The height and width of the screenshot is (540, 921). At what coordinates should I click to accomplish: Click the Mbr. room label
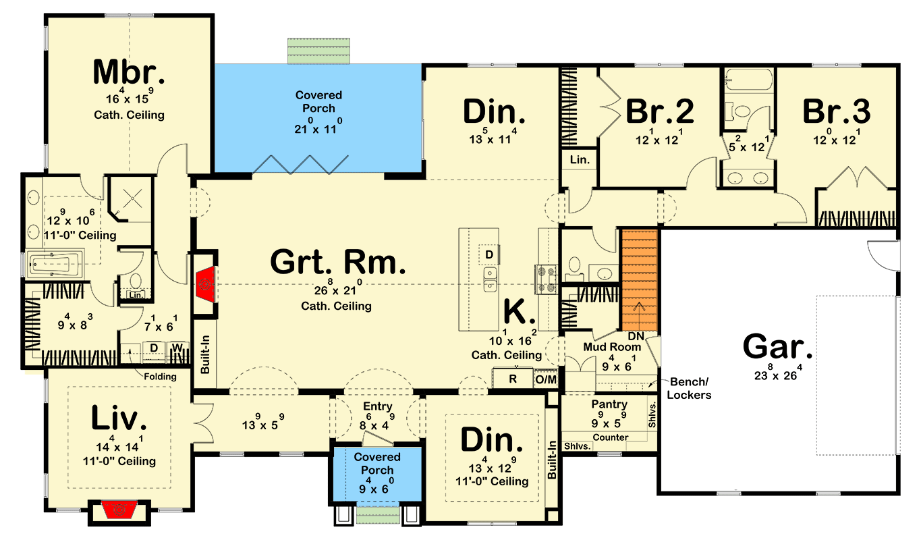coord(129,72)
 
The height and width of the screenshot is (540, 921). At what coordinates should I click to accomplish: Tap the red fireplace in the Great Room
coord(205,284)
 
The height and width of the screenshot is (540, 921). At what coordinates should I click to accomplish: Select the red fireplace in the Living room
coord(119,510)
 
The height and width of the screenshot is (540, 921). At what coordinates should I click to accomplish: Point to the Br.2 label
coord(659,111)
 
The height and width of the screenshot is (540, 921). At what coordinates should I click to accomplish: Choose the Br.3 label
coord(836,111)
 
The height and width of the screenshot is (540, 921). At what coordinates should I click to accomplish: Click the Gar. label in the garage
coord(777,347)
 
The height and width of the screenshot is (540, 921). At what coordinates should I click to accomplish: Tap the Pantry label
coord(609,404)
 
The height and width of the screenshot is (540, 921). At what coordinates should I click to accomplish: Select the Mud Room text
coord(612,347)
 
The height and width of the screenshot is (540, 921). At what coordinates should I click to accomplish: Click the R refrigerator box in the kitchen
coord(513,379)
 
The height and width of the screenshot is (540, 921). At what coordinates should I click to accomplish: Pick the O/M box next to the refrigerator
coord(546,379)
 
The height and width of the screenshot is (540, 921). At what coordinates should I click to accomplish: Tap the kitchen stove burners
coord(546,279)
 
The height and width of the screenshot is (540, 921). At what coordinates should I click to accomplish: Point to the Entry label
coord(377,406)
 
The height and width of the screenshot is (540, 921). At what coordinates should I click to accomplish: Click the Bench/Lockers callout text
coord(689,388)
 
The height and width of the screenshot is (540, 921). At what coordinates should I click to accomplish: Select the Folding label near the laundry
coord(160,377)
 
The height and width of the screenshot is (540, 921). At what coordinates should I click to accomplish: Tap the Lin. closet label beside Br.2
coord(580,159)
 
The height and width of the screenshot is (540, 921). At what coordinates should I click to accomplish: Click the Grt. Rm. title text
coord(338,262)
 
